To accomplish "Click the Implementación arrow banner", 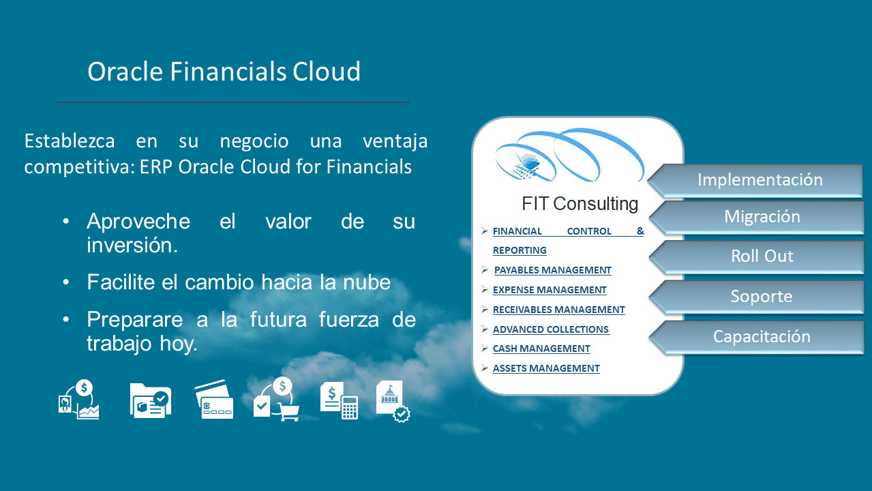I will [759, 180].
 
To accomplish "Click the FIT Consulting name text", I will [580, 203].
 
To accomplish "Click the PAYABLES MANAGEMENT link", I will [552, 270].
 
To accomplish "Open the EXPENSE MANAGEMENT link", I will [550, 290].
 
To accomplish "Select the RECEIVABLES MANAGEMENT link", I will [558, 310].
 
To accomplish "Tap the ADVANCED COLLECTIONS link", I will [551, 329].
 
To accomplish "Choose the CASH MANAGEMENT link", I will [541, 348].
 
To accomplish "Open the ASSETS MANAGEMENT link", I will [546, 368].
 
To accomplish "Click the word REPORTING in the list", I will [520, 250].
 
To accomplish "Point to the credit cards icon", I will [213, 400].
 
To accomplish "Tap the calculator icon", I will [350, 408].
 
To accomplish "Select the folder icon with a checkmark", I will [150, 400].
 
